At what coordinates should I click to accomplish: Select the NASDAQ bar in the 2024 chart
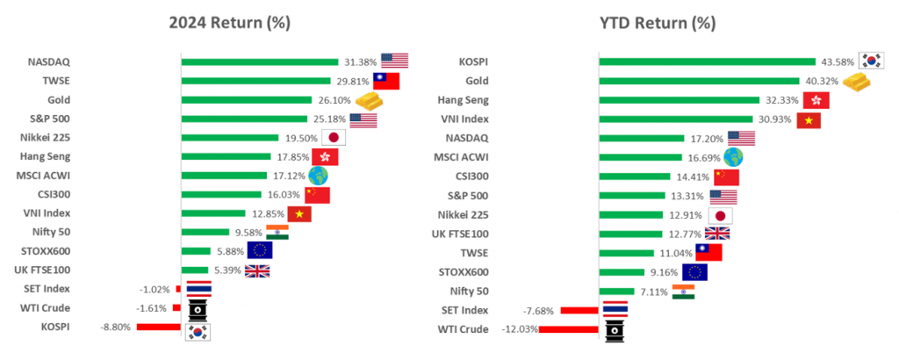[x=260, y=61]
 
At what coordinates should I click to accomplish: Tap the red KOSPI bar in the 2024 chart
[x=159, y=327]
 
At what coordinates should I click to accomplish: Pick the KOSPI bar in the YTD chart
[x=708, y=61]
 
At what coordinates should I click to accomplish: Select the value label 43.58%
[x=838, y=61]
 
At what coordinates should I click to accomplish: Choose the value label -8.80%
[x=117, y=327]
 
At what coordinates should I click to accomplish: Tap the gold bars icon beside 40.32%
[x=859, y=82]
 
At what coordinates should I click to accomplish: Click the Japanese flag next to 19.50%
[x=334, y=138]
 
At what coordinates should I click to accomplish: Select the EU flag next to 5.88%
[x=259, y=251]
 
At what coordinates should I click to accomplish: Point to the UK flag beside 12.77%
[x=716, y=234]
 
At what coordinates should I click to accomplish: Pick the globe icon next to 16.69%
[x=734, y=157]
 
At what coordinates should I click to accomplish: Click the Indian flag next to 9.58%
[x=277, y=233]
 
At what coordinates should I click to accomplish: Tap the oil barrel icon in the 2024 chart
[x=198, y=308]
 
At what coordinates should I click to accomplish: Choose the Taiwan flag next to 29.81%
[x=386, y=81]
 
